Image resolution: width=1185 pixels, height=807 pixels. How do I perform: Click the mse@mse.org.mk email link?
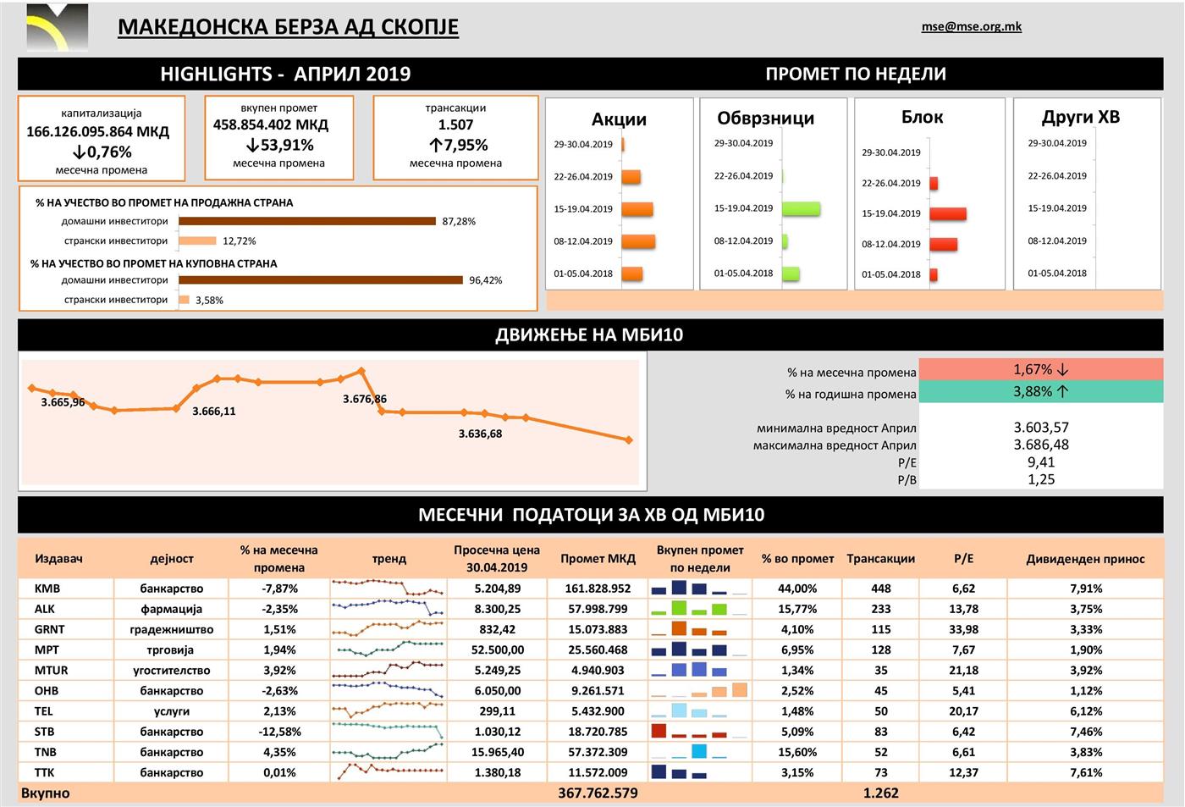(971, 26)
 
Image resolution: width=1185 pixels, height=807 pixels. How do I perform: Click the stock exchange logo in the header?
(58, 28)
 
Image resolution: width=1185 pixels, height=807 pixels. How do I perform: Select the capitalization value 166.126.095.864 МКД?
(98, 132)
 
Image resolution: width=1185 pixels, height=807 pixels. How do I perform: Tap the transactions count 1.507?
(455, 124)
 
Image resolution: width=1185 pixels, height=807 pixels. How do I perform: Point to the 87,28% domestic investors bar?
(306, 221)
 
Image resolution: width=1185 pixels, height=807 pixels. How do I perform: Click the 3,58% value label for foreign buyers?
(209, 301)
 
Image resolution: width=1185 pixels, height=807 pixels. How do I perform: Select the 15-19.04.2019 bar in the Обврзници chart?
(801, 208)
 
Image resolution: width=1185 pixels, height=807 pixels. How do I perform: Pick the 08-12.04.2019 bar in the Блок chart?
(943, 244)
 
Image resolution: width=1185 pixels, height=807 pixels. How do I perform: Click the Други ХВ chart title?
(1080, 117)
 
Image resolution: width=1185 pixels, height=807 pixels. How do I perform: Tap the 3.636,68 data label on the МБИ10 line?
(480, 434)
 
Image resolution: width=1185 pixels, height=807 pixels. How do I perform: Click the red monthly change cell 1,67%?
(1040, 370)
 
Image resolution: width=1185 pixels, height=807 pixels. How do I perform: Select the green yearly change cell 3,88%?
(1040, 392)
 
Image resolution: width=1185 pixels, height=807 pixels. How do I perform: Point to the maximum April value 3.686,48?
(1041, 445)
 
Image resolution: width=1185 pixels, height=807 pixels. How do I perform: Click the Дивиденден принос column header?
(1085, 559)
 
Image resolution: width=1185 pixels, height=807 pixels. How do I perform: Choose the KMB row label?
(47, 589)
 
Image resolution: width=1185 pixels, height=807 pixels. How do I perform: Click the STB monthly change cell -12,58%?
(279, 732)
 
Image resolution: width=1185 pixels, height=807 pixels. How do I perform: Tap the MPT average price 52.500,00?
(498, 650)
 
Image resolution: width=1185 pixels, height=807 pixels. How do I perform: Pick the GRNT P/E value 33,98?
(963, 629)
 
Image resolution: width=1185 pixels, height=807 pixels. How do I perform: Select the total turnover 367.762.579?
(598, 793)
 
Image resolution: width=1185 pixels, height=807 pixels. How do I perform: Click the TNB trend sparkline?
(388, 751)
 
